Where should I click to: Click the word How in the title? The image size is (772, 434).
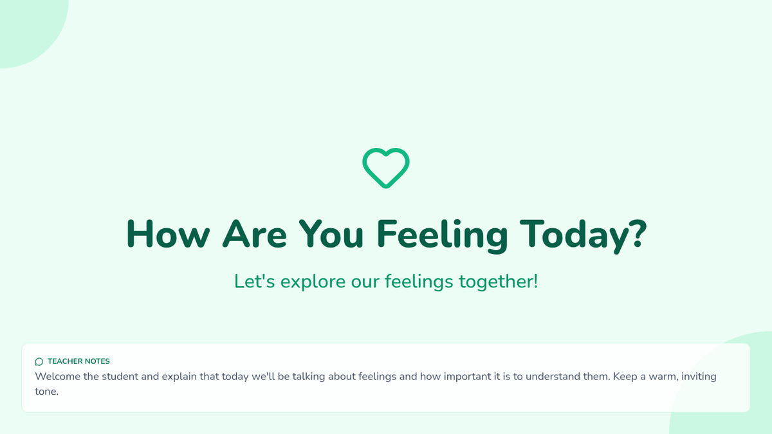click(168, 234)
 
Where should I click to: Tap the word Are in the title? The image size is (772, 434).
click(255, 234)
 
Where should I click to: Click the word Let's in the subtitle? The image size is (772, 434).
click(255, 281)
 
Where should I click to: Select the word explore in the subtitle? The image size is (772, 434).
click(313, 282)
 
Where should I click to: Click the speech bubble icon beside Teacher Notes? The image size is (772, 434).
click(39, 361)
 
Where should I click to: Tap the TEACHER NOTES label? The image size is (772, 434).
click(78, 361)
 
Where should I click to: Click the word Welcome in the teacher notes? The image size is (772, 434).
click(57, 376)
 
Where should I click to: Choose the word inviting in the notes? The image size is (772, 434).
click(700, 377)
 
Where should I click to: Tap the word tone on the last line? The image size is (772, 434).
click(46, 392)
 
